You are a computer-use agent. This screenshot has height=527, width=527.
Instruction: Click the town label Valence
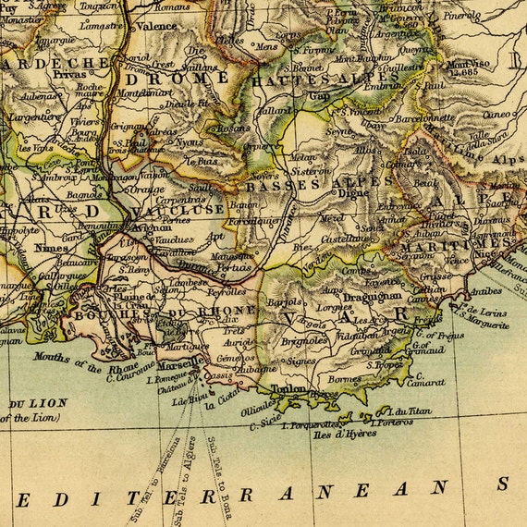point(156,26)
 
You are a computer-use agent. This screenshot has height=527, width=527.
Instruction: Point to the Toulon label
point(289,389)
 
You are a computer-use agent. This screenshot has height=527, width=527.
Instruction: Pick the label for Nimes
point(52,248)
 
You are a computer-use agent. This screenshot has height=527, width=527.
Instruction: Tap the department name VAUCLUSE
point(190,209)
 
